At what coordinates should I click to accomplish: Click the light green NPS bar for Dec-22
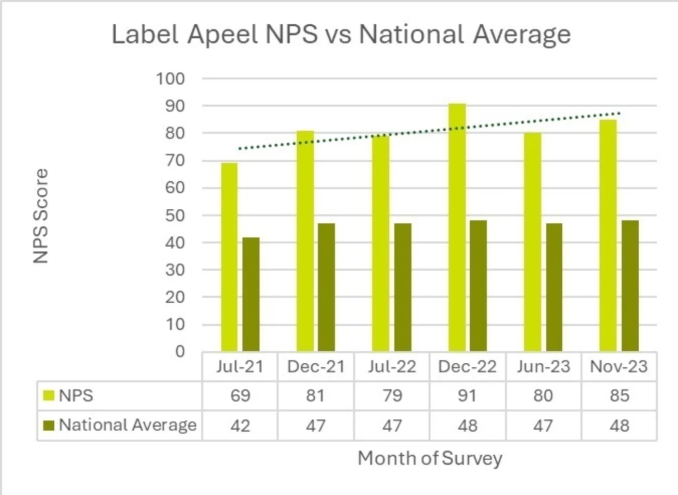coord(457,228)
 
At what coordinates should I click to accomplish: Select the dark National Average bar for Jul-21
coord(251,294)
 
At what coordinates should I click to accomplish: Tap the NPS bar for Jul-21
coord(229,257)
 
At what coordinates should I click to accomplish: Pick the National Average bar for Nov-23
coord(630,286)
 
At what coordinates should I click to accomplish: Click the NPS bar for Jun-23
coord(532,242)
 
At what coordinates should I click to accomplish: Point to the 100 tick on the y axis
coord(170,78)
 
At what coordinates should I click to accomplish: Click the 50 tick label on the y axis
coord(175,216)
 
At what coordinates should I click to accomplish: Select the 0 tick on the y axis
coord(180,352)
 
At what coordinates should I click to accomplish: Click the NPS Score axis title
coord(41,216)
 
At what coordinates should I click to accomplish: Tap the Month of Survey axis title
coord(430,458)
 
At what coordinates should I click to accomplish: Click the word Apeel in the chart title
coord(222,34)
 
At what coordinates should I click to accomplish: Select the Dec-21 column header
coord(316,367)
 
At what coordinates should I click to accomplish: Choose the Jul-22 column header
coord(392,367)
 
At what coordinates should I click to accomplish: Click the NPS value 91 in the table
coord(467,396)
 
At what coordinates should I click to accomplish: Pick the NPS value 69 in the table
coord(240,396)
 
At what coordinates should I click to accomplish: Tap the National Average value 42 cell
coord(240,426)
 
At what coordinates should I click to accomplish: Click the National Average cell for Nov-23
coord(619,426)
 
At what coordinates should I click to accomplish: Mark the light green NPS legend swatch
coord(49,396)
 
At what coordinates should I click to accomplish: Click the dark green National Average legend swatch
coord(49,425)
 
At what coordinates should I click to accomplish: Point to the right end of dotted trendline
coord(619,114)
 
